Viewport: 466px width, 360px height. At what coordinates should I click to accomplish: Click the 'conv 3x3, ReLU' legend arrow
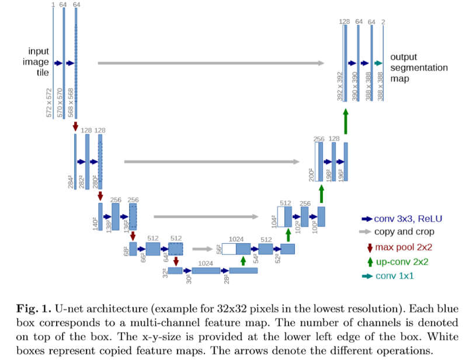[x=367, y=219]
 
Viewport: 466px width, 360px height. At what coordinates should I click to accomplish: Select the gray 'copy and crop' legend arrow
[x=367, y=232]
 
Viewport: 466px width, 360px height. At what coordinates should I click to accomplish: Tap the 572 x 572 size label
[x=49, y=103]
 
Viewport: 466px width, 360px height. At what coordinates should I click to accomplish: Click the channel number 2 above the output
[x=383, y=22]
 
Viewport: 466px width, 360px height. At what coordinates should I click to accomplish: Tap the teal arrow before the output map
[x=378, y=63]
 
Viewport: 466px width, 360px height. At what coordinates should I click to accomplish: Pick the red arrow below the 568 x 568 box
[x=75, y=126]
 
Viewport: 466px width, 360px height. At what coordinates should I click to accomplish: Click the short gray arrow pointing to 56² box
[x=202, y=249]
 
